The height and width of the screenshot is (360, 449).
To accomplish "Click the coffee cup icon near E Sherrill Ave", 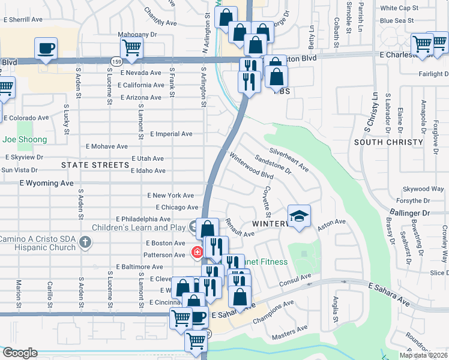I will click(45, 48).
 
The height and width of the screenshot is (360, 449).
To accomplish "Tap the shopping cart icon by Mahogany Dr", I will click(131, 48).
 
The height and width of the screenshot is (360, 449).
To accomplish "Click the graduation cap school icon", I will click(299, 215).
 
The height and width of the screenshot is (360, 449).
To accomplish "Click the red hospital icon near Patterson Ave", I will click(196, 253).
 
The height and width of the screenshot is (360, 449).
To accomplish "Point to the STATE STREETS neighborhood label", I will click(95, 164).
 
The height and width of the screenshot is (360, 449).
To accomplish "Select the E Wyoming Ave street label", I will click(46, 182).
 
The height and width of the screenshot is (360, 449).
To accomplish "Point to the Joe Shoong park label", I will click(25, 139).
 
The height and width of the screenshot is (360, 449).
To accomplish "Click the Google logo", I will click(19, 353).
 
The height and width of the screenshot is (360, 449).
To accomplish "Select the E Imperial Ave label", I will click(171, 134).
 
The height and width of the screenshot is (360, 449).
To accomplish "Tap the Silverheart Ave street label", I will click(289, 160).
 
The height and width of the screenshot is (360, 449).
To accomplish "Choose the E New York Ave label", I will click(170, 196).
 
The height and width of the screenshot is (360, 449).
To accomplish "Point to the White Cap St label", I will click(399, 8).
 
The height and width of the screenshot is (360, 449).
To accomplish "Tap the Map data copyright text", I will click(423, 355).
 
